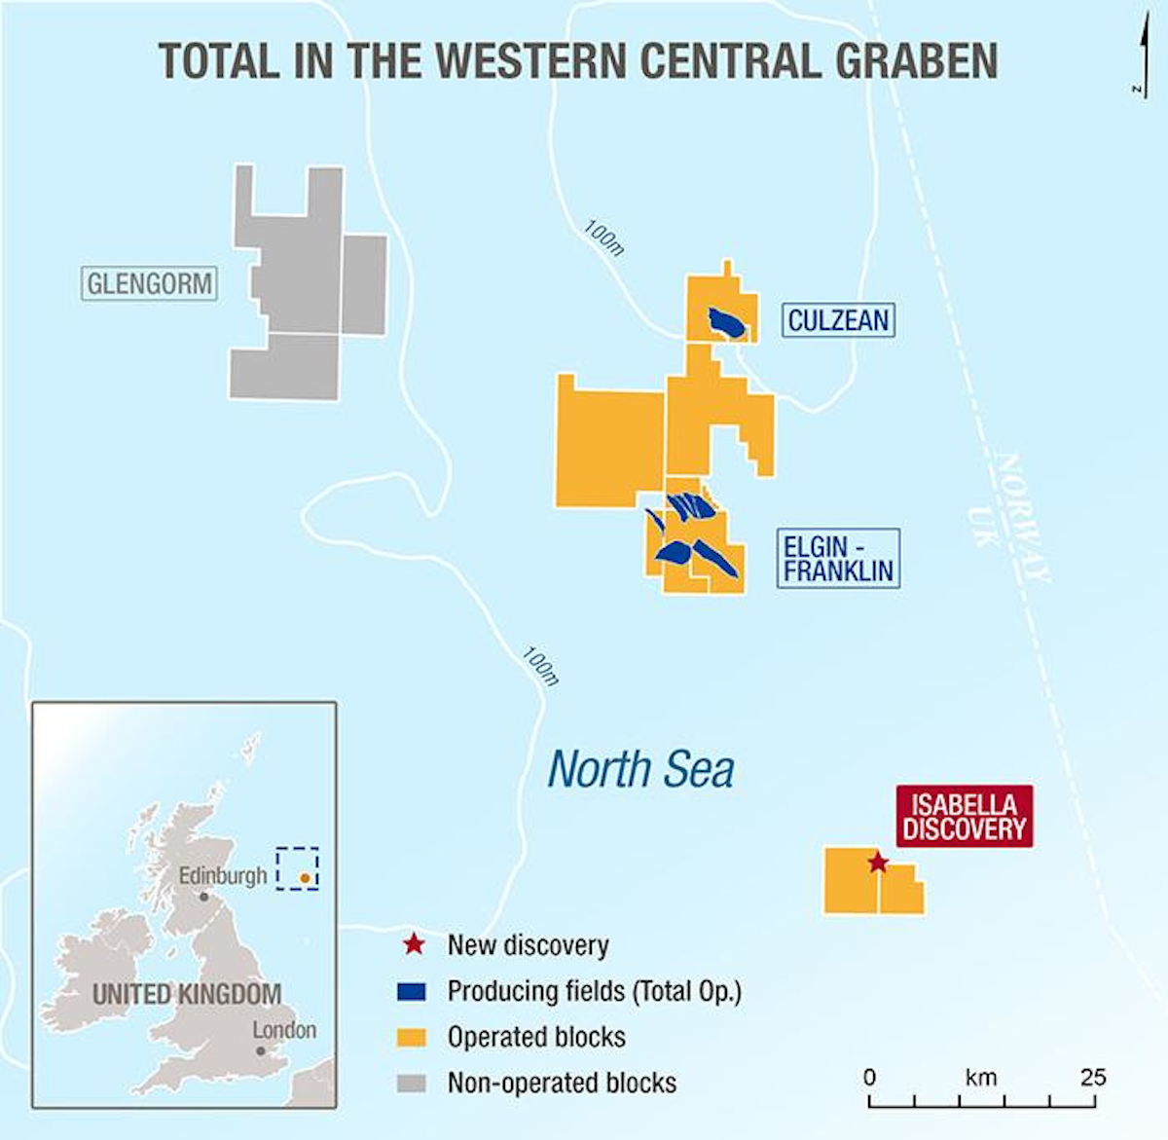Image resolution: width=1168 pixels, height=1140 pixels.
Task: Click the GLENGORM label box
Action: click(x=150, y=284)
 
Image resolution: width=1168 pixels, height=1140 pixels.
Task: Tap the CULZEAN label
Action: click(x=838, y=320)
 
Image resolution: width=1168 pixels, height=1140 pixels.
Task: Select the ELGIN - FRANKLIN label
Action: click(x=838, y=559)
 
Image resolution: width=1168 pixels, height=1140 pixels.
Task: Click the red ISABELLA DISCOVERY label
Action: click(x=964, y=817)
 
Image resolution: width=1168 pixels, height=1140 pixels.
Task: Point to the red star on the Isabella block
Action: click(x=878, y=863)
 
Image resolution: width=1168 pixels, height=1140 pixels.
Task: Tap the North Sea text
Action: click(x=640, y=769)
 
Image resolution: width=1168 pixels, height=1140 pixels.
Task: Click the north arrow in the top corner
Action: click(x=1140, y=58)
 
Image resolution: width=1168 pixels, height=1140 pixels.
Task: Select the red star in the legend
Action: click(x=413, y=944)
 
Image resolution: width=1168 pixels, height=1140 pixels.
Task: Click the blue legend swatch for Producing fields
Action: click(x=413, y=991)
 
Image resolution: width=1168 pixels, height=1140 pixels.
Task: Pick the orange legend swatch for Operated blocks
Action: click(x=413, y=1038)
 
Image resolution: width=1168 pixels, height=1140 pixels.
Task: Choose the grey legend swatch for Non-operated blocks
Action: click(x=413, y=1083)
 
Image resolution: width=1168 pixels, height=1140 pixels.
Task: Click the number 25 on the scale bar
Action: click(x=1092, y=1078)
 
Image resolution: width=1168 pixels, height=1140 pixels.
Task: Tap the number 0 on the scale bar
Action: click(x=869, y=1078)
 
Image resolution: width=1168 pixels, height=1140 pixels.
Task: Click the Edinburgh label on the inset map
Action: click(x=222, y=876)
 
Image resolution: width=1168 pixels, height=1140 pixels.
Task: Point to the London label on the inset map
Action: click(x=284, y=1030)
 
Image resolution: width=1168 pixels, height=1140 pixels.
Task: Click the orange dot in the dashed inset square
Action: click(x=305, y=878)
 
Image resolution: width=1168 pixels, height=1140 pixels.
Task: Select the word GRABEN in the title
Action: click(x=916, y=60)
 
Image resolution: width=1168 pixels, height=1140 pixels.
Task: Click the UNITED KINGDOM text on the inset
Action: click(x=187, y=995)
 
